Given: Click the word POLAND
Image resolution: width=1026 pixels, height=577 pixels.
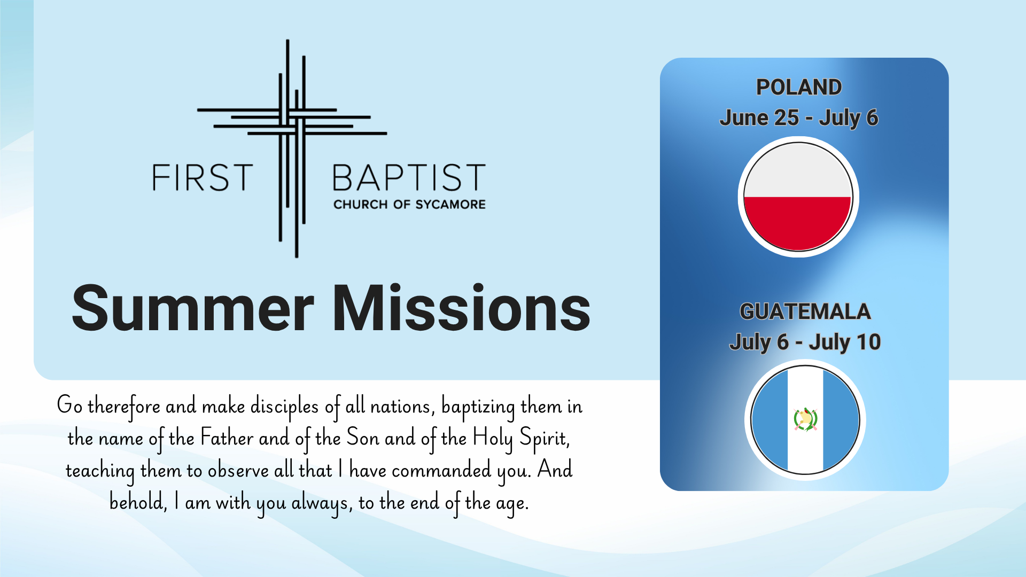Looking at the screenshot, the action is (799, 87).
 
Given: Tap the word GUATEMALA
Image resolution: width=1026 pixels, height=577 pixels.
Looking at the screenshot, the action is (805, 311).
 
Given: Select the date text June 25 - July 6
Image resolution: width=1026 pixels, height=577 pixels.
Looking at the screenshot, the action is (799, 118).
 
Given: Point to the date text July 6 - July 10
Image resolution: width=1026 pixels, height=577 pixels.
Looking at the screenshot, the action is (805, 342).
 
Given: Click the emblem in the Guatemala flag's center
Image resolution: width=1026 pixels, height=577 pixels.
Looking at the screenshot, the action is (805, 420).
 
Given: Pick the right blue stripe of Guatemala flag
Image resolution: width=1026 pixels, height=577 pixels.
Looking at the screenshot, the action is (840, 420).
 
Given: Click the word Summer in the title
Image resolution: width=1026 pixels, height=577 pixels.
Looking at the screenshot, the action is (193, 308).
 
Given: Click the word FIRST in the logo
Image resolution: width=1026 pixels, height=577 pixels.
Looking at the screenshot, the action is (203, 177).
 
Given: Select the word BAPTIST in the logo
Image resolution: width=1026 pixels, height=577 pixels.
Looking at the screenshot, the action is (409, 177).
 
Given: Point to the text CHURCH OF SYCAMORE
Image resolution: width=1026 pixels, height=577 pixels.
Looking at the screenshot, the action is (409, 204).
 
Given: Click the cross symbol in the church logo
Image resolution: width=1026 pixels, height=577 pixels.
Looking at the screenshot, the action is (292, 149).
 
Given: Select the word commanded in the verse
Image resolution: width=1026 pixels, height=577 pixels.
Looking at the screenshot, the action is (441, 470).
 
